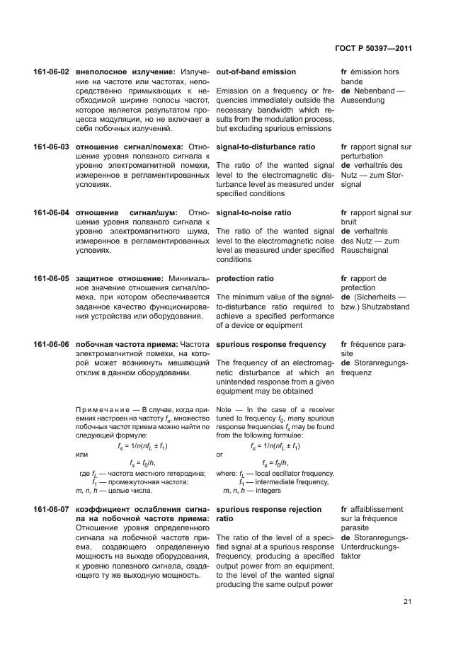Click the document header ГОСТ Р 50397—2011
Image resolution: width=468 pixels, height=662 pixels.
coord(372,49)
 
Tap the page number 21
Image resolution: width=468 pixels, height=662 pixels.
coord(408,602)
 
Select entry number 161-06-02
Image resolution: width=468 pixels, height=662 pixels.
coord(51,72)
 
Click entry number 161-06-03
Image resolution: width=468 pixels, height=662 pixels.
coord(51,147)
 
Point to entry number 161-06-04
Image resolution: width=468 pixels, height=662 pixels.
coord(51,212)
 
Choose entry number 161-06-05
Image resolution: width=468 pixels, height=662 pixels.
coord(51,278)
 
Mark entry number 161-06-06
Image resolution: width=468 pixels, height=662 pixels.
coord(51,344)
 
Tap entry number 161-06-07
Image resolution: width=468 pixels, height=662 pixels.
coord(51,509)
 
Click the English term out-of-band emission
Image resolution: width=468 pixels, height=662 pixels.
coord(256,72)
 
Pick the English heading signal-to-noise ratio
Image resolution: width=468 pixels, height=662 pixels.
coord(253,212)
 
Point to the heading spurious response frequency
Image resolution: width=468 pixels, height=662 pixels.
coord(271,344)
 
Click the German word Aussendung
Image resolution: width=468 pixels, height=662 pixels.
coord(363,101)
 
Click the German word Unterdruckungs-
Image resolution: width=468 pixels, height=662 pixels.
coord(370,547)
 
